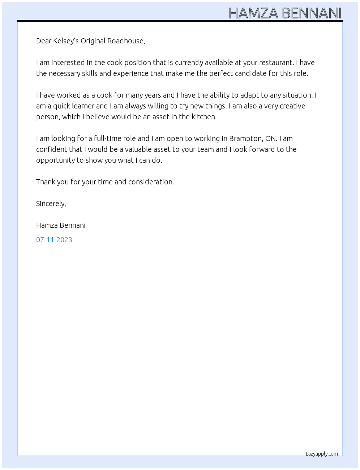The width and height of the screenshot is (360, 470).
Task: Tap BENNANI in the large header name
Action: (312, 13)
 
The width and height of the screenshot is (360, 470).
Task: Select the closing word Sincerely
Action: (51, 204)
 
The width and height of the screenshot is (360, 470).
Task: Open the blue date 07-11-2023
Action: (54, 240)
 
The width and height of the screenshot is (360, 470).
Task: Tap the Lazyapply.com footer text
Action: (322, 454)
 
